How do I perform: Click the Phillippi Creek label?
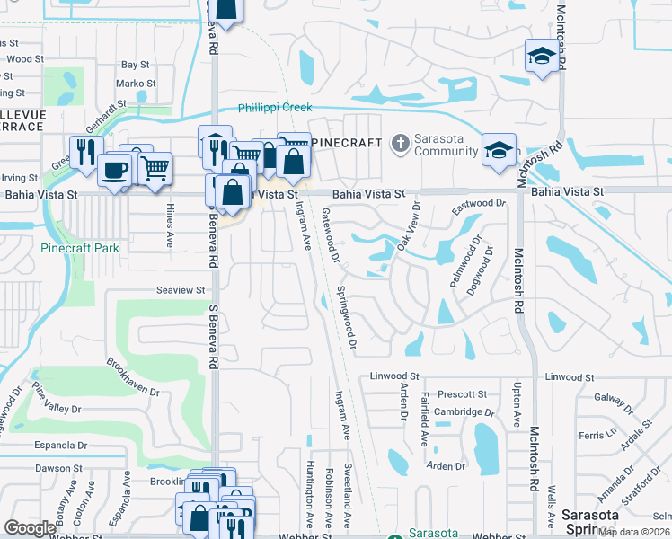[274, 108]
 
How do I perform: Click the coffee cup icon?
[114, 170]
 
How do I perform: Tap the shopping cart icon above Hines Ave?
[155, 166]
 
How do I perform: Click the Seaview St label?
[181, 290]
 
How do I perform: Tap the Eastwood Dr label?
[479, 206]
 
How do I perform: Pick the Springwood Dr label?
[348, 319]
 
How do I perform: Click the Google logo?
[31, 528]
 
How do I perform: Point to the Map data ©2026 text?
[633, 532]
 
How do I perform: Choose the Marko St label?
[137, 84]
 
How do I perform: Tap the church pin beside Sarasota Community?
[401, 142]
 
